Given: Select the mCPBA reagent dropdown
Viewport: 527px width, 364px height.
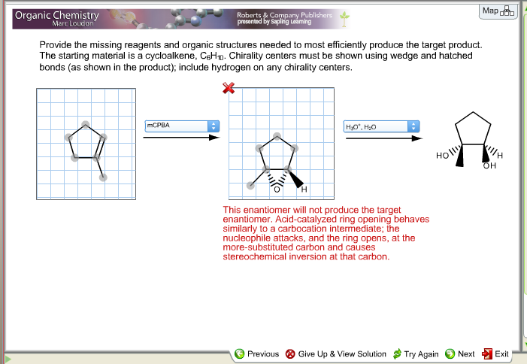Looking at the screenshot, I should [180, 125].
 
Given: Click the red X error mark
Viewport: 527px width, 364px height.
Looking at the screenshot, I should [229, 89].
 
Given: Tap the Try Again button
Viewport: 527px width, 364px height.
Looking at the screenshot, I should [416, 353].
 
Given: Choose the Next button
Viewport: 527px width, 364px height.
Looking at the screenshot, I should [460, 353].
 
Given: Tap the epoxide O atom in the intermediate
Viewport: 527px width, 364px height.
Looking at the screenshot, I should [277, 188].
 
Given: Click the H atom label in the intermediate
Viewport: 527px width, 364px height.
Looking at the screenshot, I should [304, 187].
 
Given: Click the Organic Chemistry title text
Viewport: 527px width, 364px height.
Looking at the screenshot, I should [56, 15].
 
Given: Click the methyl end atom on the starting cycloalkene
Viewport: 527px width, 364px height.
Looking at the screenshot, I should [103, 177].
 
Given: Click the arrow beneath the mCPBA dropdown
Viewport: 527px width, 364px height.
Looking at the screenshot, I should [180, 138].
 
